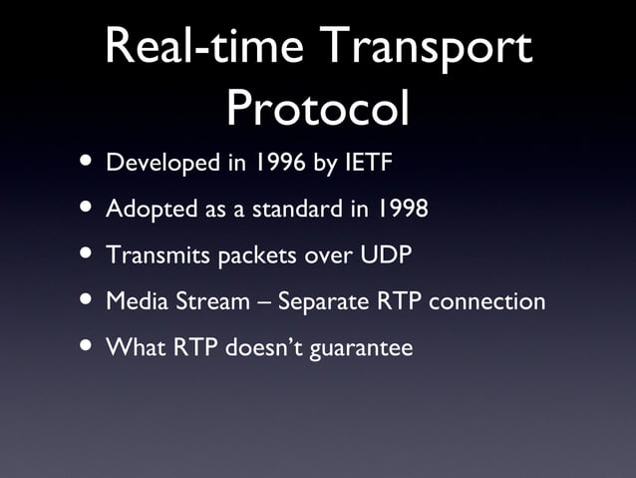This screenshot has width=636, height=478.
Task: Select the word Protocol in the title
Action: point(317,107)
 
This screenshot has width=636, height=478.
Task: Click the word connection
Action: point(486,300)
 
